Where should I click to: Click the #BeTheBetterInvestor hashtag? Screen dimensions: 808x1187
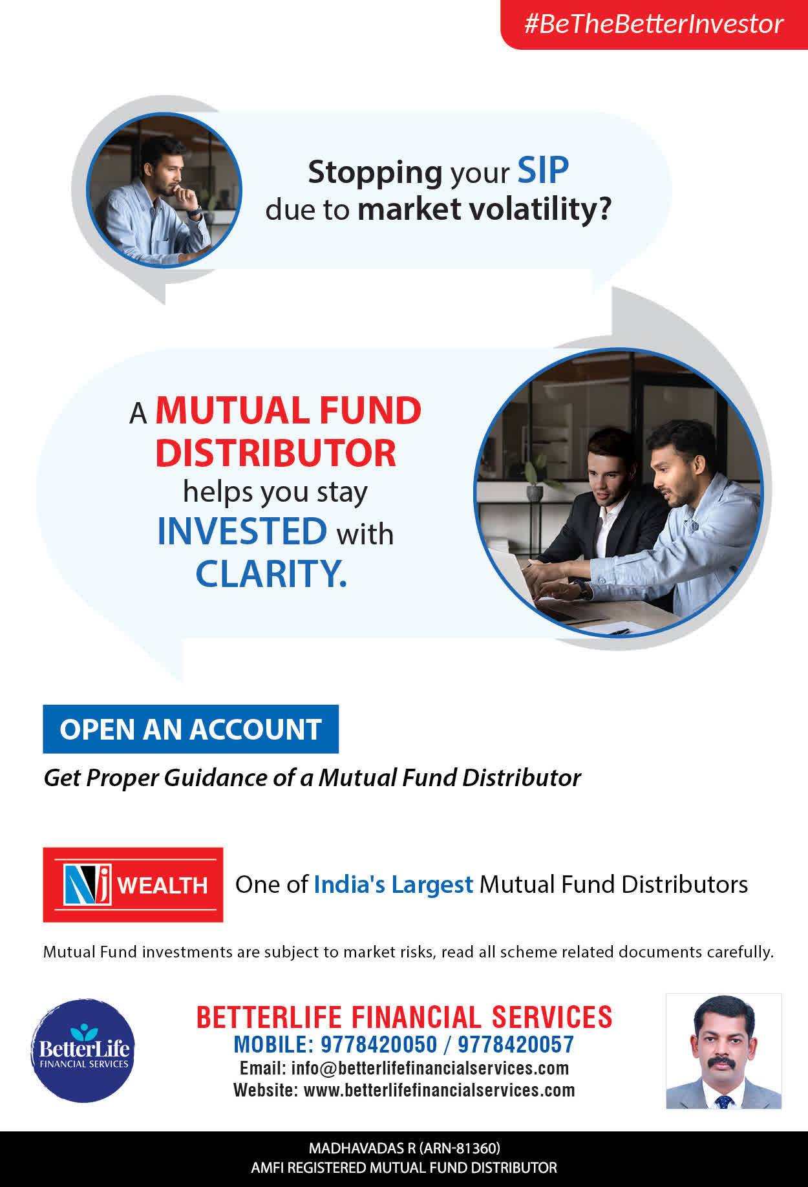[x=654, y=24]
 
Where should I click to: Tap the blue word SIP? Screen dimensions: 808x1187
[x=543, y=171]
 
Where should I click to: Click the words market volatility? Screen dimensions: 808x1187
[x=484, y=209]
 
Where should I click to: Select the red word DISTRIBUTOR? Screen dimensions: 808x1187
[x=275, y=453]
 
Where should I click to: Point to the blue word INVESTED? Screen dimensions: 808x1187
[x=242, y=531]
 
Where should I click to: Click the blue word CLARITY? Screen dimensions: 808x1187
[x=271, y=573]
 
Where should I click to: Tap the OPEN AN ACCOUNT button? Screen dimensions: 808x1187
[x=191, y=729]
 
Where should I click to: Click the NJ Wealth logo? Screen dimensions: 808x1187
[x=133, y=884]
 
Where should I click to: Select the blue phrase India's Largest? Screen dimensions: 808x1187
[x=393, y=884]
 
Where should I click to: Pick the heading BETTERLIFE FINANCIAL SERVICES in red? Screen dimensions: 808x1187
[x=404, y=1017]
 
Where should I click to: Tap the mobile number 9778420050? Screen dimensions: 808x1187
[x=379, y=1045]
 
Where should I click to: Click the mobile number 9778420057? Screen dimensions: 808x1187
[x=516, y=1045]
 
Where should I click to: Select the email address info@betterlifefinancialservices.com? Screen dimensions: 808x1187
[x=430, y=1068]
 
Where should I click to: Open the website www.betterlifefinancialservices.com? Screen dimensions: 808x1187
[x=439, y=1090]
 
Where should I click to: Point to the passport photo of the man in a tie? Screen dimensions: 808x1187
[x=724, y=1051]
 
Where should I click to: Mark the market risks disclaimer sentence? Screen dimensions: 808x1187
[x=409, y=952]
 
